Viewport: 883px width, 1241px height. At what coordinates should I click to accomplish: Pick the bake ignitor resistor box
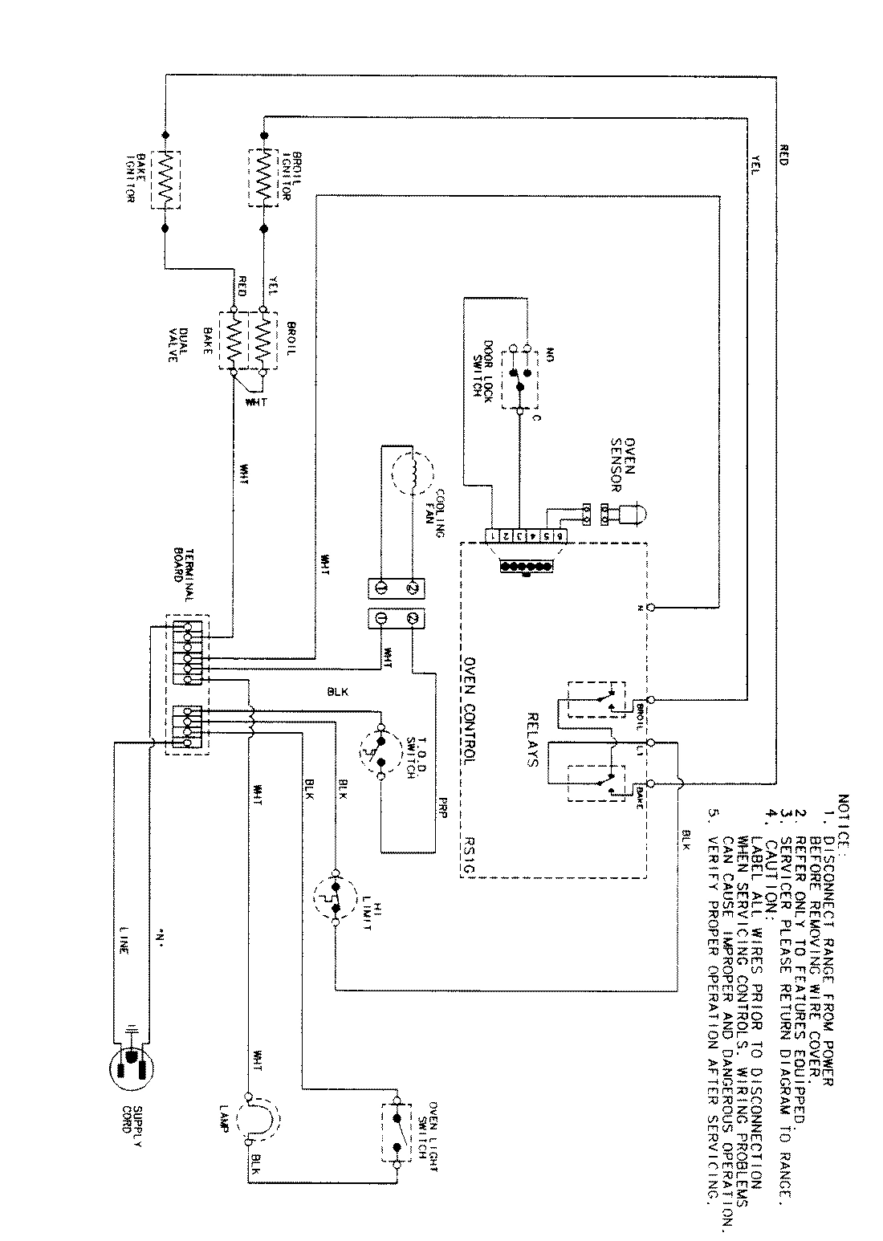click(165, 179)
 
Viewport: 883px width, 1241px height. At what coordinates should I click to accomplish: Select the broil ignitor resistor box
click(262, 178)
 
